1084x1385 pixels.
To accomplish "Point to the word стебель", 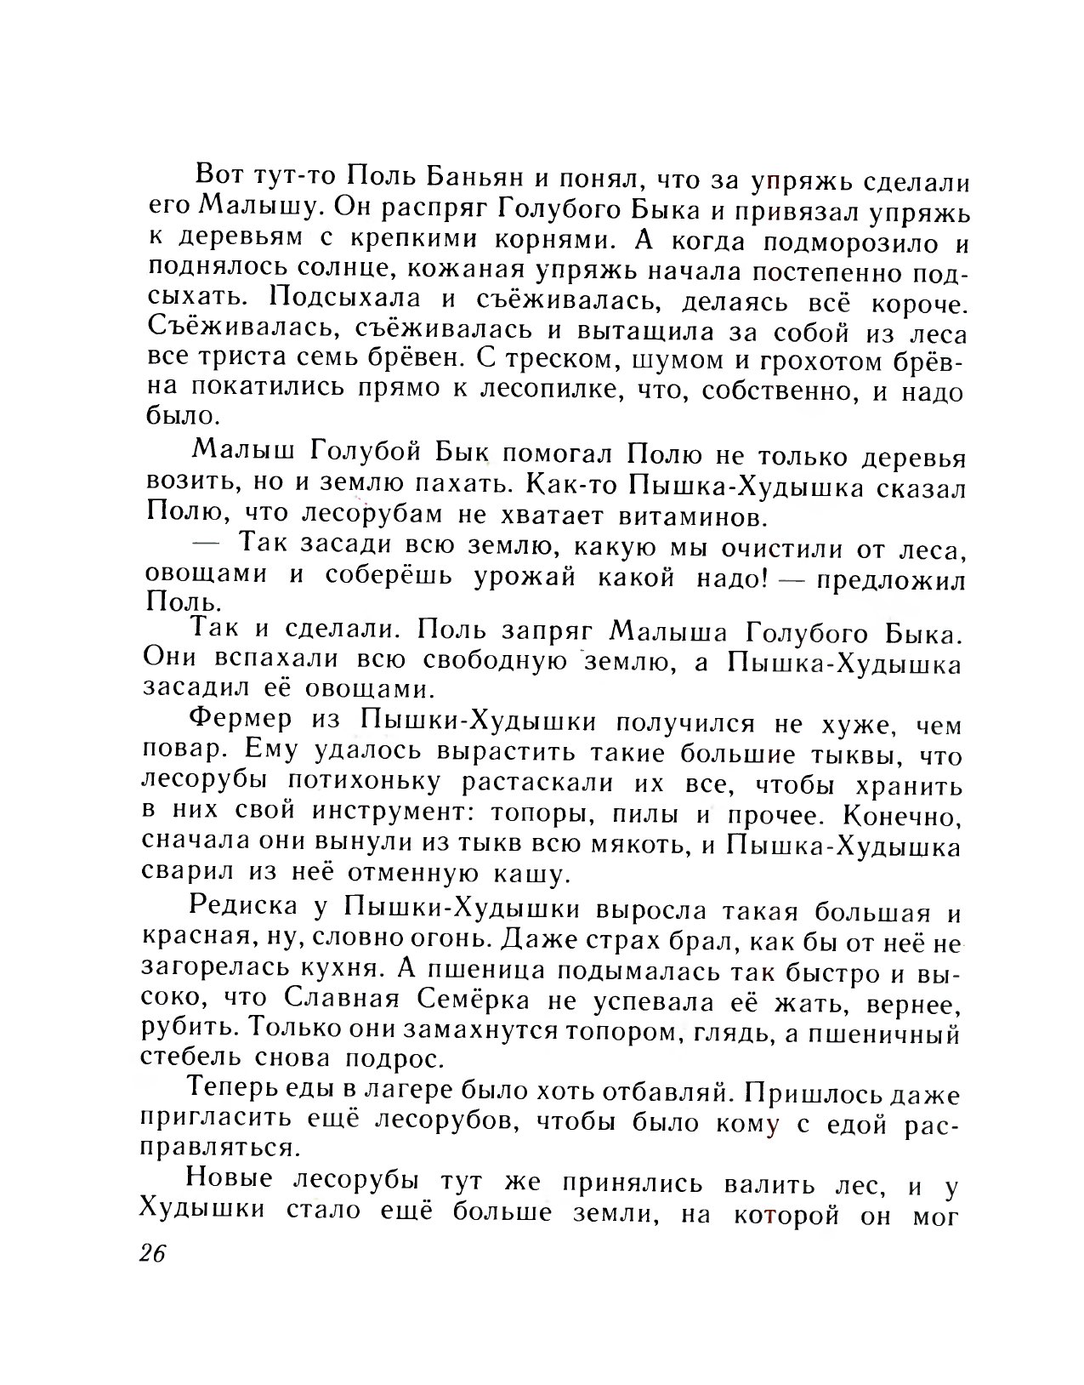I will tap(190, 1059).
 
